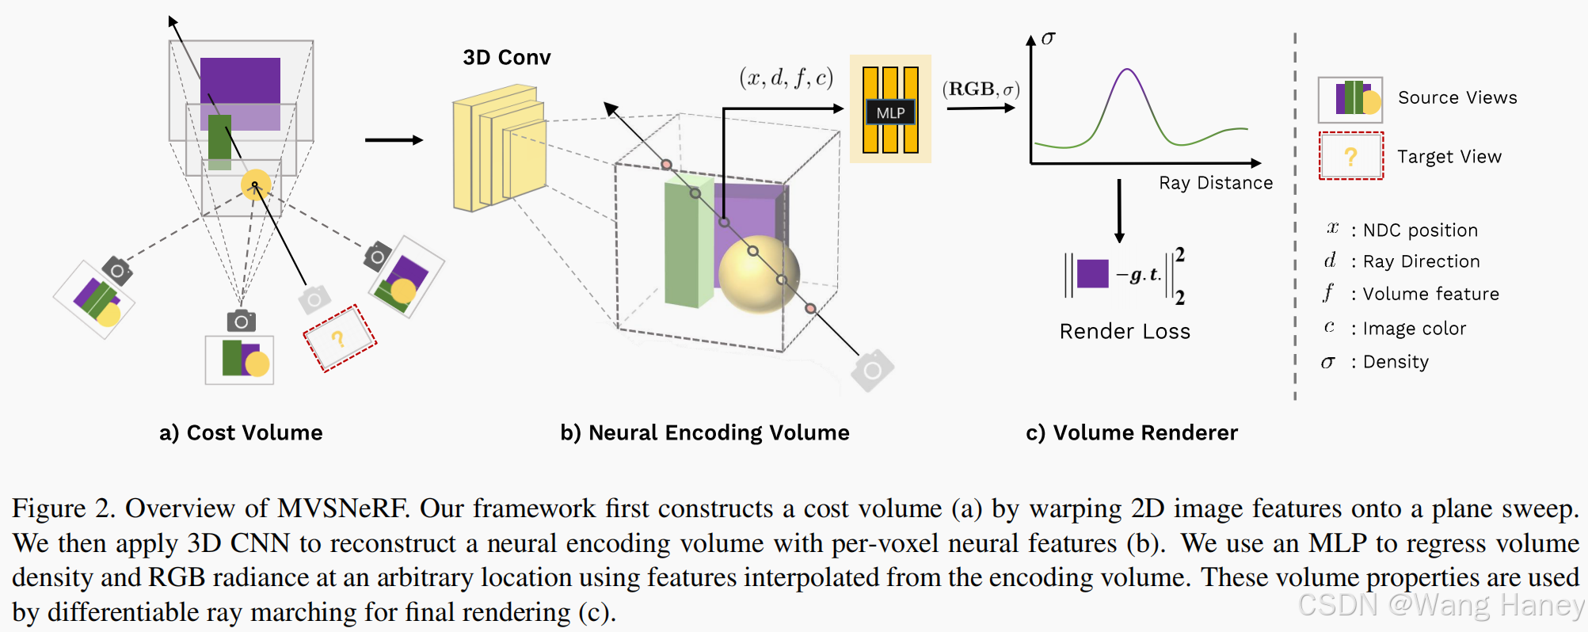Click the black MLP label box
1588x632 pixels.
tap(890, 112)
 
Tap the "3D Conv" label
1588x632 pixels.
tap(507, 58)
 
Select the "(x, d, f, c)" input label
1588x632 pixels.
tap(786, 78)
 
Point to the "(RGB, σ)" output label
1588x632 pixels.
tap(981, 89)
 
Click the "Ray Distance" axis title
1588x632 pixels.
tap(1216, 183)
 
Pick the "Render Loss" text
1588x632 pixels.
tap(1125, 331)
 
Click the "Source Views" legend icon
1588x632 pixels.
tap(1350, 99)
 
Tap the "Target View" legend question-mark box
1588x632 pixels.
tap(1350, 156)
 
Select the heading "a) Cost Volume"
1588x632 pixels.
tap(241, 432)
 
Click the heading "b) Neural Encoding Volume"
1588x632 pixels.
tap(704, 432)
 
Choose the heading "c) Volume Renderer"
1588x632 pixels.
tap(1131, 432)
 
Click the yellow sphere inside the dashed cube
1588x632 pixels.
tap(758, 273)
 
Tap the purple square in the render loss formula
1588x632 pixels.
tap(1092, 274)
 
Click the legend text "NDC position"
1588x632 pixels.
tap(1419, 230)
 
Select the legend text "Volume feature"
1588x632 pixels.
tap(1430, 294)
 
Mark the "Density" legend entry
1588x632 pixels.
tap(1395, 362)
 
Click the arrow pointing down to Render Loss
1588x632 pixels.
tap(1119, 211)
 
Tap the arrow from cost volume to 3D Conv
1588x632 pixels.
tap(394, 140)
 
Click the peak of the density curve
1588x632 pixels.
tap(1126, 70)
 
